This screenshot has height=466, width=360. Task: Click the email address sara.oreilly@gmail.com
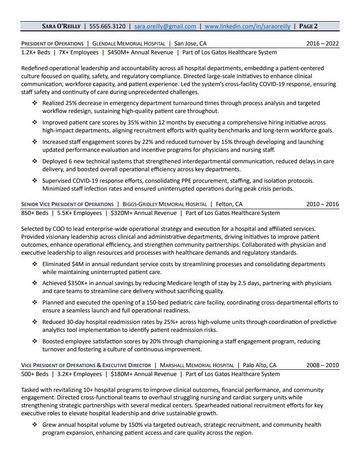tap(165, 26)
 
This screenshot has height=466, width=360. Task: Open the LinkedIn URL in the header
tap(247, 26)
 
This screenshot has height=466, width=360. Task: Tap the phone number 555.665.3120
tap(107, 26)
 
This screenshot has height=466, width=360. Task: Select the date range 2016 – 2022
tap(322, 44)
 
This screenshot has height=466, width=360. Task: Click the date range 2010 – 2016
tap(322, 204)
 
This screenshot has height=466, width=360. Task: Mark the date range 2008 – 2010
tap(322, 365)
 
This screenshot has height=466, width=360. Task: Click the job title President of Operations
tap(52, 44)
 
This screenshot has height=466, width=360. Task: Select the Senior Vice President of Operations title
tap(67, 204)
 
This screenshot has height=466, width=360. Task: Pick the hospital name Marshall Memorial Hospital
tap(196, 365)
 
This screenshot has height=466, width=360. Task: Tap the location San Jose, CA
tap(190, 44)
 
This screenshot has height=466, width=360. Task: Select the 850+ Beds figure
tap(35, 213)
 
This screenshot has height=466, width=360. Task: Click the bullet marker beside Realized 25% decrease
tap(35, 103)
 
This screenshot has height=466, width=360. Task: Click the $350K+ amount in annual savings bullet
tap(79, 283)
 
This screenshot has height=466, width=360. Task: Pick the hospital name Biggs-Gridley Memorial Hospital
tap(166, 204)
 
